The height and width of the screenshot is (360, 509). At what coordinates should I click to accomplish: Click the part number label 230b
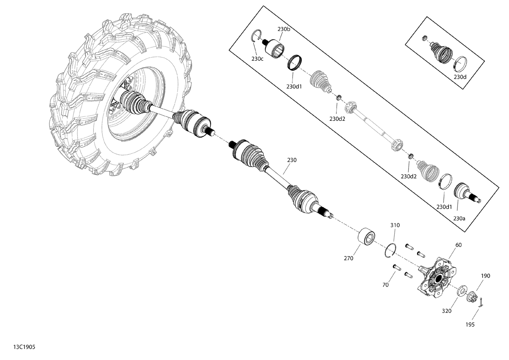(284, 29)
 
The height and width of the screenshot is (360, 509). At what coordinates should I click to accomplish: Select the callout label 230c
(257, 59)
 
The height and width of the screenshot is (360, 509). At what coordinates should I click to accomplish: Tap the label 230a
(459, 219)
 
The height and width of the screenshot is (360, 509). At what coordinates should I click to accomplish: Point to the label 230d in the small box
(460, 77)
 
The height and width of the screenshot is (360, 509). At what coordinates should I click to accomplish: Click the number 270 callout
(348, 259)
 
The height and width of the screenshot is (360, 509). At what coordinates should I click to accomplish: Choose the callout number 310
(395, 225)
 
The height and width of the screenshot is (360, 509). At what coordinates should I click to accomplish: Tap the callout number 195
(470, 325)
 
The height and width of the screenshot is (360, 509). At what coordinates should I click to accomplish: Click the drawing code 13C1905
(24, 347)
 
